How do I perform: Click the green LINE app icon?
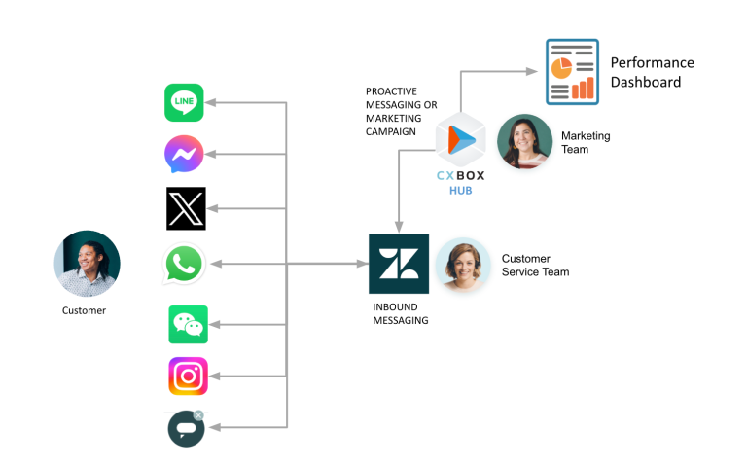[x=185, y=102]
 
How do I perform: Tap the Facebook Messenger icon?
[x=185, y=155]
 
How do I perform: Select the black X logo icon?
[x=186, y=208]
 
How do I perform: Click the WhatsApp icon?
[x=185, y=264]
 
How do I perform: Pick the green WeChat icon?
[x=188, y=324]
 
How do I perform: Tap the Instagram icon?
[x=188, y=377]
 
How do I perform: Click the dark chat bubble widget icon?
[x=186, y=428]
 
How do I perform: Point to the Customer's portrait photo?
[x=87, y=264]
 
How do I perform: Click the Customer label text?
[x=84, y=310]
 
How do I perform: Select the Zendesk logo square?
[x=398, y=264]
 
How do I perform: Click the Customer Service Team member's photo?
[x=462, y=265]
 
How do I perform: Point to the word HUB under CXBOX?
[x=460, y=192]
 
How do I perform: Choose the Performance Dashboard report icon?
[x=572, y=71]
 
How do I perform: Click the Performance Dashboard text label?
[x=652, y=72]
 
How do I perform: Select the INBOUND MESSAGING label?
[x=401, y=313]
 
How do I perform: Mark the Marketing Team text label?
[x=581, y=142]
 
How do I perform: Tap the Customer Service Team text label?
[x=535, y=265]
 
